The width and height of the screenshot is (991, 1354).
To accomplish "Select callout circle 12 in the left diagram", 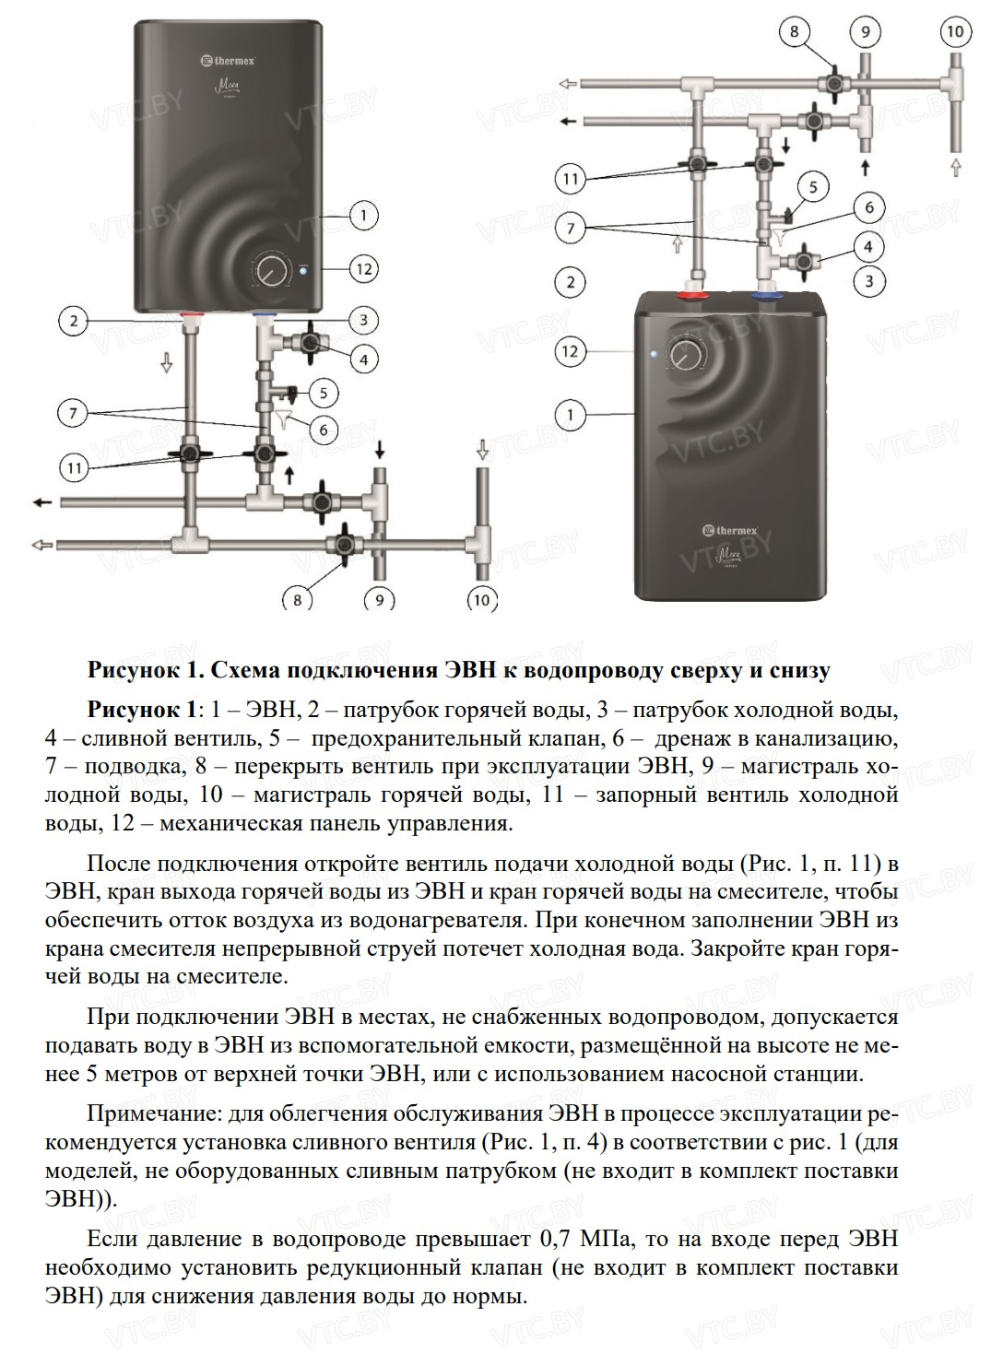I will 364,269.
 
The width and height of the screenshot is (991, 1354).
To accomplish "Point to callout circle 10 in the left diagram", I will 482,600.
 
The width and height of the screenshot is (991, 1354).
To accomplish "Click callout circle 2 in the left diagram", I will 74,322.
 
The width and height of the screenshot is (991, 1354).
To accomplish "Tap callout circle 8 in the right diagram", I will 795,32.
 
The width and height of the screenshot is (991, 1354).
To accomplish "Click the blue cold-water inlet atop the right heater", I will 764,298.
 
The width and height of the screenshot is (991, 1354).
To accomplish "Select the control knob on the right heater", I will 686,353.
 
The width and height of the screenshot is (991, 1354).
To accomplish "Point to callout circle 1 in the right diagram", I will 571,415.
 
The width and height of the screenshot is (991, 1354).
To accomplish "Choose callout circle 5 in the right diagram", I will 813,188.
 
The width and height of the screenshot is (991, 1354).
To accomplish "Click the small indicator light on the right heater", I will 654,353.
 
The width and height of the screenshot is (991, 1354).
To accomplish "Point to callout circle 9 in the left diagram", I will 380,600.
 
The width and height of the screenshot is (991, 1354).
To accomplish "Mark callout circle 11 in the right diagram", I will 571,178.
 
